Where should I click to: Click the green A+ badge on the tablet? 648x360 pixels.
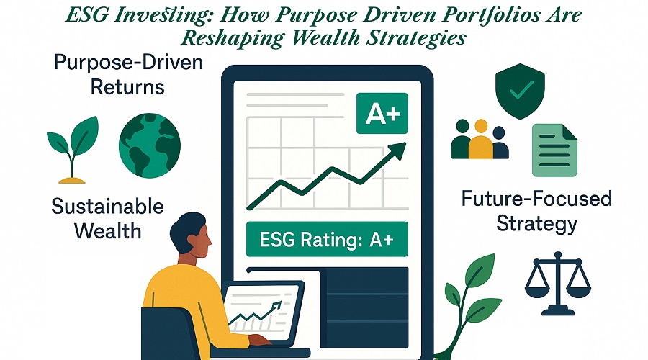click(382, 113)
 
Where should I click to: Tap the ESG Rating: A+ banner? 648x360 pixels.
click(327, 239)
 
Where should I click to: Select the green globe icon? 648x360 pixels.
click(150, 145)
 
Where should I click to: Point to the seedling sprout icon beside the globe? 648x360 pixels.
click(73, 150)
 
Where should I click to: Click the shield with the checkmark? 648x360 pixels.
click(520, 91)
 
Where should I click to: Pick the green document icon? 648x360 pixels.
click(554, 150)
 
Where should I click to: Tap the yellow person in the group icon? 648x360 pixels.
click(481, 139)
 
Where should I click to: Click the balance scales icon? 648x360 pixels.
click(558, 284)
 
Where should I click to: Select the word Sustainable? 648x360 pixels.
click(107, 206)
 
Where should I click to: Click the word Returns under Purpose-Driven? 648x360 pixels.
click(127, 87)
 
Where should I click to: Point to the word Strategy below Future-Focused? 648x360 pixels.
click(536, 224)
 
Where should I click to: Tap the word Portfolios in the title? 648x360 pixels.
click(485, 15)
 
